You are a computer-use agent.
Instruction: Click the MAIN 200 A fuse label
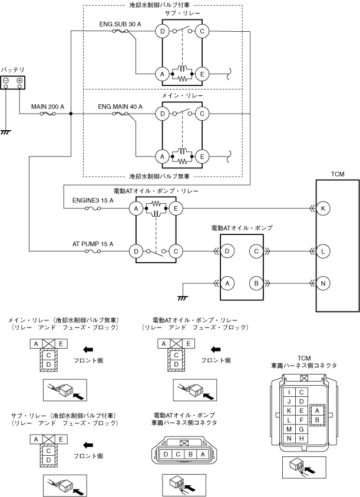pos(48,107)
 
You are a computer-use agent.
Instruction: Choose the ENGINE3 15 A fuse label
pos(93,201)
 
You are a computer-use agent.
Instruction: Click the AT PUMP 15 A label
pos(93,243)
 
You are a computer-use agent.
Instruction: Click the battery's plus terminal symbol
pos(20,80)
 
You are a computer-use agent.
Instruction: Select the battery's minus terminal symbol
pos(6,80)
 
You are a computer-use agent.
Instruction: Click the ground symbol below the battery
pos(6,132)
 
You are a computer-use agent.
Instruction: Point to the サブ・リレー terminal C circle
pos(202,32)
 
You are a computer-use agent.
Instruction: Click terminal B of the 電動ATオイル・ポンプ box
pos(255,283)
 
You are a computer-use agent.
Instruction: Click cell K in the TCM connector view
pos(289,410)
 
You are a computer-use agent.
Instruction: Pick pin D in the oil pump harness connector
pos(167,454)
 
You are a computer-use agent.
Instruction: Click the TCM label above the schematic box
pos(337,174)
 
